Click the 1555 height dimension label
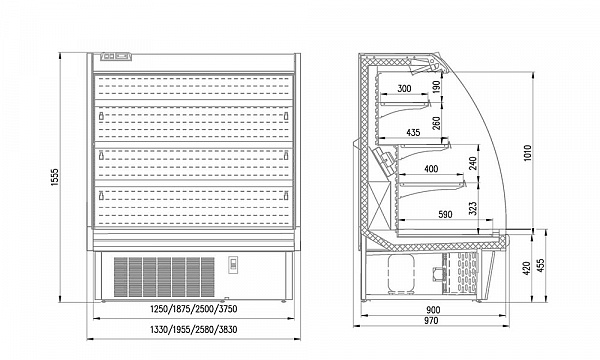[x=55, y=177]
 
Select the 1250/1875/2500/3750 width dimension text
[x=194, y=309]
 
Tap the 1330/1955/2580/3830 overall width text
[x=194, y=329]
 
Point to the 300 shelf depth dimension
[x=404, y=89]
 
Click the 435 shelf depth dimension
[x=413, y=132]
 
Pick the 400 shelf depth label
[x=431, y=169]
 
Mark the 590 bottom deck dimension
[x=444, y=215]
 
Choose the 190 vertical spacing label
[x=437, y=86]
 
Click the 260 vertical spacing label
[x=437, y=123]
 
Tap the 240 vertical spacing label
[x=473, y=163]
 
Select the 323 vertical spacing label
[x=473, y=209]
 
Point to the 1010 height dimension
[x=528, y=153]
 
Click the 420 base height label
[x=527, y=268]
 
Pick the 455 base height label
[x=541, y=266]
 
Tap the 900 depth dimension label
[x=433, y=310]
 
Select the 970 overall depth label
[x=431, y=321]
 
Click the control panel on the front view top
[x=116, y=57]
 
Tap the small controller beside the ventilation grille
[x=233, y=265]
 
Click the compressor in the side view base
[x=401, y=274]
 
